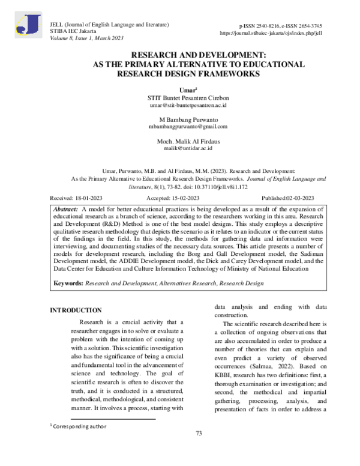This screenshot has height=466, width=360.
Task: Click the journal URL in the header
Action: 271,34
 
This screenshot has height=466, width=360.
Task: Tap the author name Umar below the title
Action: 179,89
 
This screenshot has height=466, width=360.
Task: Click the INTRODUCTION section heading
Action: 75,310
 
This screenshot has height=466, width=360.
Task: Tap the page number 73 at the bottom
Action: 199,450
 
